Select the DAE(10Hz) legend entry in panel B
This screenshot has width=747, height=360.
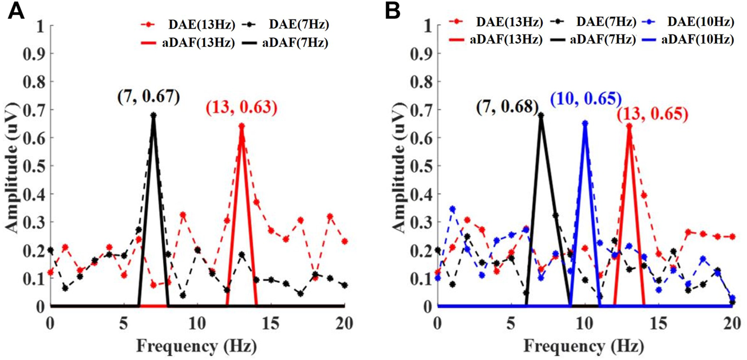(698, 23)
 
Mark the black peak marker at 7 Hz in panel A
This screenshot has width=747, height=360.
(153, 115)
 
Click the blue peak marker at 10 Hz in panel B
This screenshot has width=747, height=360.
(585, 122)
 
